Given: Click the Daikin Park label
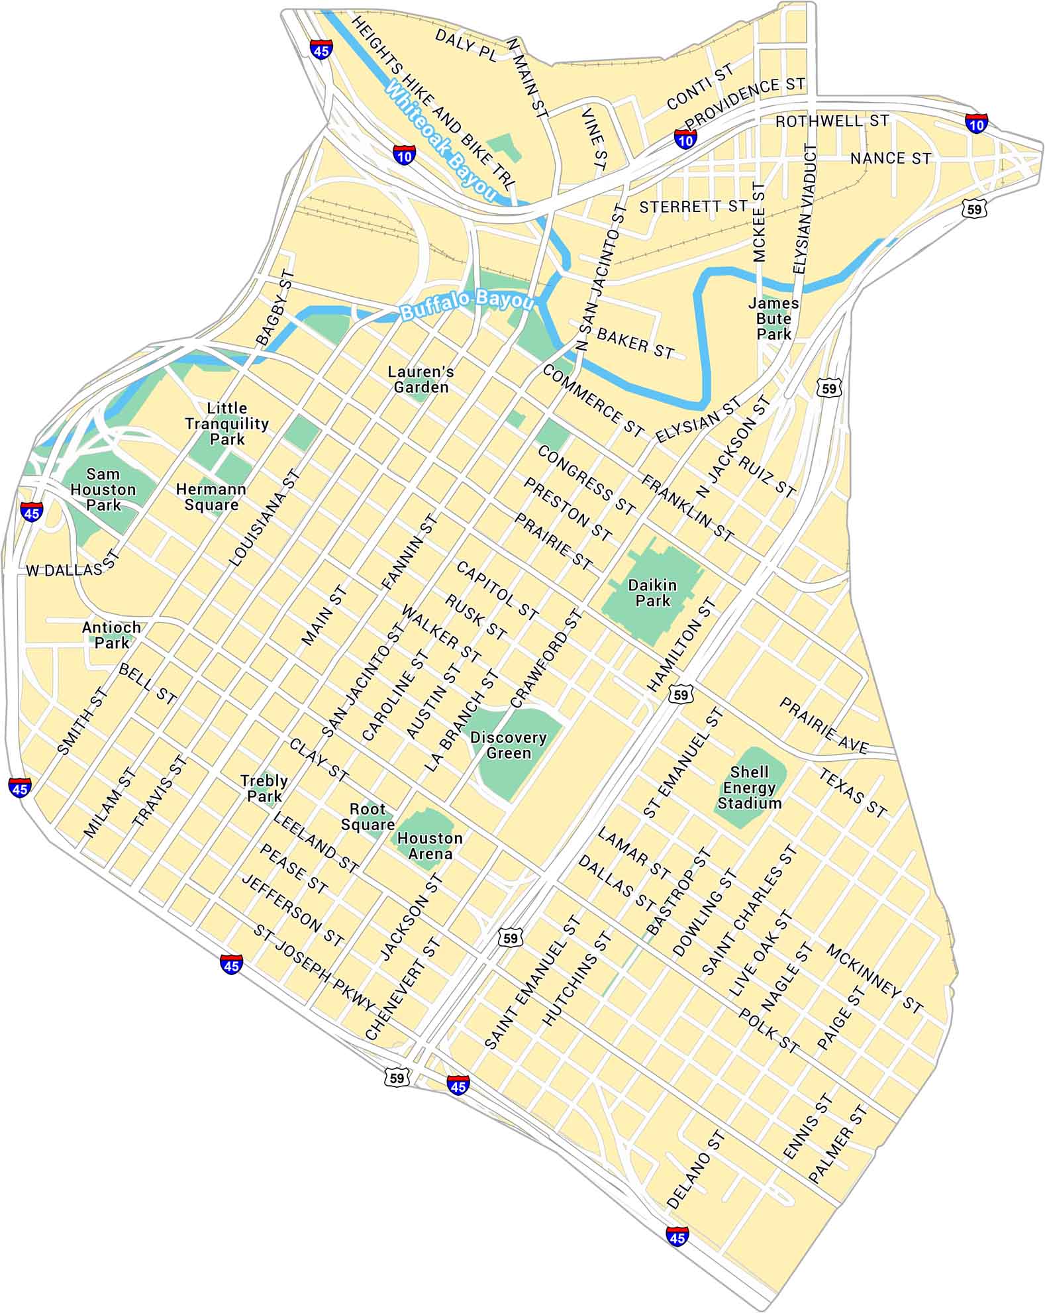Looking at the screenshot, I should click(652, 593).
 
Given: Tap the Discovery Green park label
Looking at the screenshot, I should click(509, 745).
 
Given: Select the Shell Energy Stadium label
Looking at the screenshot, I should click(750, 788).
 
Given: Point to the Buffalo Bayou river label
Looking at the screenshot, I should click(467, 305).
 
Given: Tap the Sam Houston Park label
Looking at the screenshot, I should click(103, 490).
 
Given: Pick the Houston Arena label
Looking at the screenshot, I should click(430, 846).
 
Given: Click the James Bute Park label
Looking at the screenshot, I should click(773, 319).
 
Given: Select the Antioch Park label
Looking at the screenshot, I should click(111, 635).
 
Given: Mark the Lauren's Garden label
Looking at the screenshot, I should click(421, 380).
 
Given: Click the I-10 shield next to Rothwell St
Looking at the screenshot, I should click(975, 123).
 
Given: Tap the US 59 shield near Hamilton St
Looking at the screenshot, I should click(681, 694).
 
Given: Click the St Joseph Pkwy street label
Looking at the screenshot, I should click(314, 968).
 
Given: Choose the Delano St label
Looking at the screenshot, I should click(695, 1171).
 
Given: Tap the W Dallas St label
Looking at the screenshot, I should click(72, 568).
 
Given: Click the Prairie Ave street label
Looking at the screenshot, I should click(823, 726).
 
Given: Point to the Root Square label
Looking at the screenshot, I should click(368, 817).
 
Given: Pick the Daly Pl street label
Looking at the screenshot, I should click(466, 45).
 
